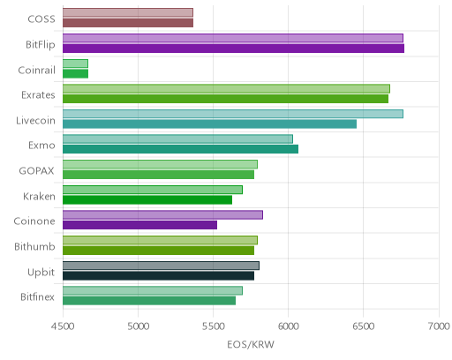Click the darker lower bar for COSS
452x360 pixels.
click(x=128, y=23)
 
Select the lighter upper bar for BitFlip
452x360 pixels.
click(x=233, y=38)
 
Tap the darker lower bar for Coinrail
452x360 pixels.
click(x=75, y=74)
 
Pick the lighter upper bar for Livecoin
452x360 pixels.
click(x=233, y=114)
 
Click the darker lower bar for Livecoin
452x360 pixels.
click(x=209, y=124)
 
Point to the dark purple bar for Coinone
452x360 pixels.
click(x=139, y=225)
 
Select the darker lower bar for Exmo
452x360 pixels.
click(x=180, y=149)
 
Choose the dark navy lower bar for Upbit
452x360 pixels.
click(x=158, y=276)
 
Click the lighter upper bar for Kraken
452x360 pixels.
click(x=153, y=190)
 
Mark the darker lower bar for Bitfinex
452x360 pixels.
click(x=149, y=301)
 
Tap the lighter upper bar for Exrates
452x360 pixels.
click(x=226, y=88)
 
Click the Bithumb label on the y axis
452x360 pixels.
click(x=34, y=246)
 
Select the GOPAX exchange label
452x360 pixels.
click(x=36, y=171)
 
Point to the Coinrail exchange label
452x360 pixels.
click(x=37, y=71)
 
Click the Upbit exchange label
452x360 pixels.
click(x=41, y=273)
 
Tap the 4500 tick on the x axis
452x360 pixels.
click(x=63, y=326)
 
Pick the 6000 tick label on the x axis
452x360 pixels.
click(x=288, y=326)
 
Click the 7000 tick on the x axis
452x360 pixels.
click(x=439, y=326)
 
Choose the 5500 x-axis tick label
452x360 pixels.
click(x=213, y=326)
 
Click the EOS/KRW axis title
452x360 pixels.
click(x=251, y=344)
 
